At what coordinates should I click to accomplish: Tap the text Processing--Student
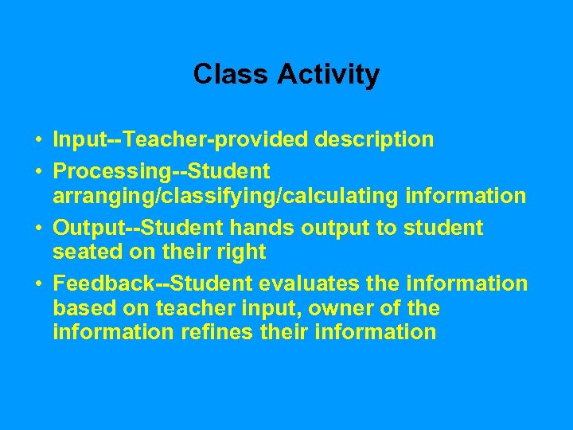162,172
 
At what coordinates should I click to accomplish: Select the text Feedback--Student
150,284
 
